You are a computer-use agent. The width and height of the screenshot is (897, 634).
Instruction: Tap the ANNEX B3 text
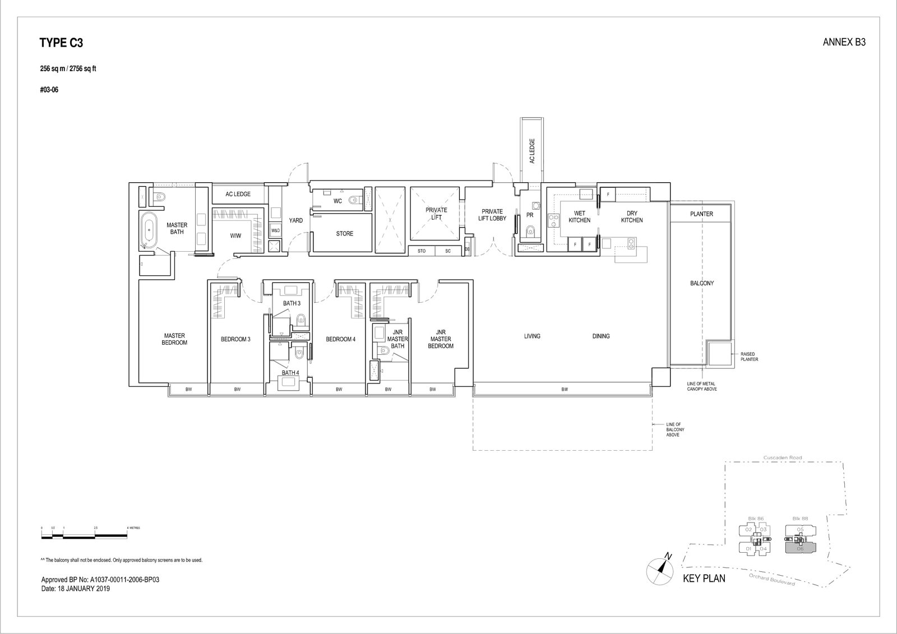tap(844, 42)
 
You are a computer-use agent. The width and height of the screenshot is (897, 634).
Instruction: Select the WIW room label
tap(235, 236)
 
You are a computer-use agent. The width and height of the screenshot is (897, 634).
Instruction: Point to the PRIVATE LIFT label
tap(436, 214)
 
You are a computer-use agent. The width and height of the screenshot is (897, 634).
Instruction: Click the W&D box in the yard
tap(275, 230)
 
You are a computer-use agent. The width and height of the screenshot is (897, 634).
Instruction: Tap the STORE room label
tap(344, 234)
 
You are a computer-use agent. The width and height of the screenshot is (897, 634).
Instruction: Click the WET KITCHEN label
tap(579, 217)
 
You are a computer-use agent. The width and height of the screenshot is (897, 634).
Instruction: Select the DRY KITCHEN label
tap(632, 217)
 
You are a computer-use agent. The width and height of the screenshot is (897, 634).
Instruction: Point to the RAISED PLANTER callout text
tap(749, 357)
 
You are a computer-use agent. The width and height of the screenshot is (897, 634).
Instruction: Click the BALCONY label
tap(702, 284)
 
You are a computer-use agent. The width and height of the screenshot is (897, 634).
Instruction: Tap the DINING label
tap(600, 336)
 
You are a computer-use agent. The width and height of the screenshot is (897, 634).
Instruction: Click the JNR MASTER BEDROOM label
tap(441, 339)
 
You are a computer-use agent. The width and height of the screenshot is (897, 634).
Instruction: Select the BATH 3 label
tap(292, 303)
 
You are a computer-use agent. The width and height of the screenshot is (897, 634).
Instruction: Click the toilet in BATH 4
tap(299, 354)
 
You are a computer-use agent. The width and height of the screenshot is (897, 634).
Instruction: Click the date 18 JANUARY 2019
tap(76, 589)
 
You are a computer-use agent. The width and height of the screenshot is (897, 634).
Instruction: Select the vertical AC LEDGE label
tap(531, 151)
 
